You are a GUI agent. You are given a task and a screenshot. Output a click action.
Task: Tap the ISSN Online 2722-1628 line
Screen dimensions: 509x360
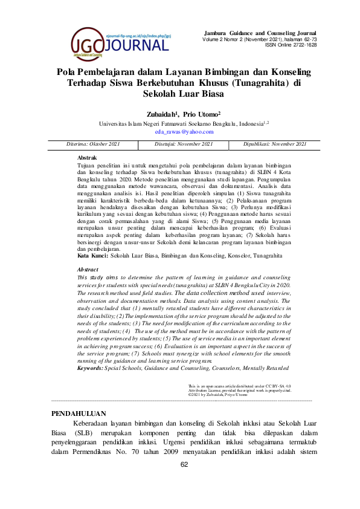pyautogui.click(x=291, y=45)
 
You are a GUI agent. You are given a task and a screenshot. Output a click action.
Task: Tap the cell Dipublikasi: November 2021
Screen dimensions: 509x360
pyautogui.click(x=275, y=144)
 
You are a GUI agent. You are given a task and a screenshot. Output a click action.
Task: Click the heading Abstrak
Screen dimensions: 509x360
pyautogui.click(x=88, y=157)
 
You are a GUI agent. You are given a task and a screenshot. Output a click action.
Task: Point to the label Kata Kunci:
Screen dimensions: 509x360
pyautogui.click(x=94, y=256)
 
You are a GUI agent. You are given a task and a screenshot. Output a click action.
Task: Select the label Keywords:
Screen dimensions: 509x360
pyautogui.click(x=95, y=368)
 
